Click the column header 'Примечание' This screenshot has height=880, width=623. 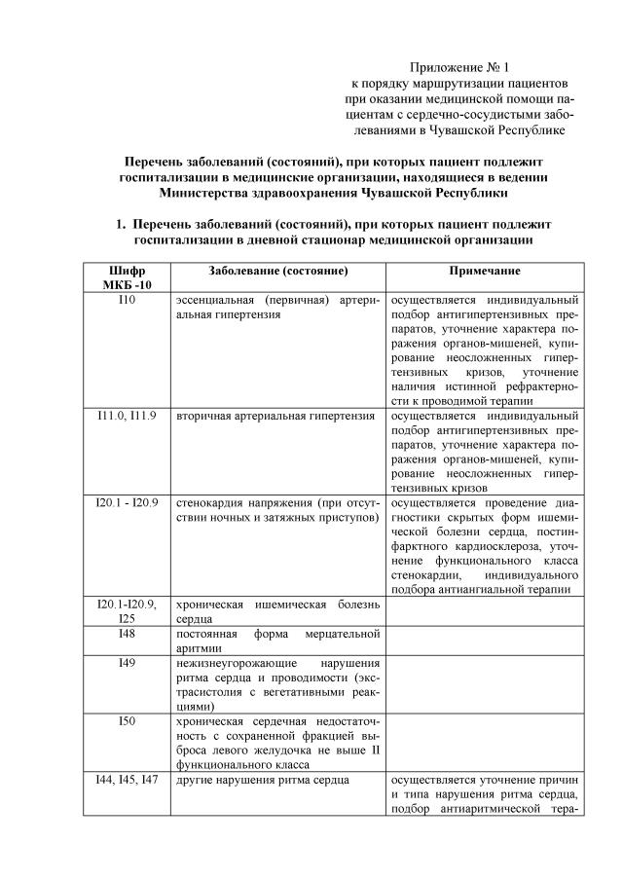(x=484, y=270)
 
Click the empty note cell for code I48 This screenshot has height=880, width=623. (x=484, y=642)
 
